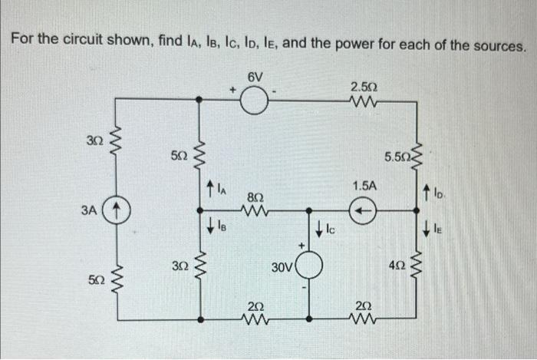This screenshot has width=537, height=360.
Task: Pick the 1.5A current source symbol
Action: (x=365, y=207)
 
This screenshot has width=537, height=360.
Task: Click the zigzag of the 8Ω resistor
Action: (x=257, y=207)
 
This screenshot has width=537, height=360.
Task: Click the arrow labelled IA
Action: (x=211, y=187)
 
